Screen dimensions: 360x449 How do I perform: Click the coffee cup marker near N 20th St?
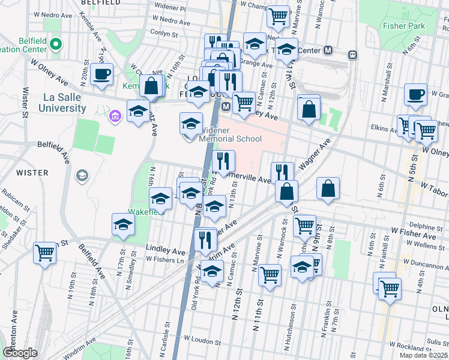[101, 75]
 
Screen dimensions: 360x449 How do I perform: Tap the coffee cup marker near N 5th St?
[415, 94]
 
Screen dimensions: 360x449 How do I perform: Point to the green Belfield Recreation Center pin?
[55, 44]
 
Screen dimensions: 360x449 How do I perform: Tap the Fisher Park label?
[405, 26]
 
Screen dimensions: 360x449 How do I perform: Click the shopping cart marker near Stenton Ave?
[44, 253]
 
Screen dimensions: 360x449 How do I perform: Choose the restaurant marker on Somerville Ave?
[223, 161]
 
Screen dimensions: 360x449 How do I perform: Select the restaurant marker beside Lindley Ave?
[206, 240]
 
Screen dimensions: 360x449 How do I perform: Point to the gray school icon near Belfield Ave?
[82, 176]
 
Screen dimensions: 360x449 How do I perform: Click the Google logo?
[20, 352]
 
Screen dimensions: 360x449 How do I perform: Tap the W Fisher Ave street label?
[409, 230]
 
